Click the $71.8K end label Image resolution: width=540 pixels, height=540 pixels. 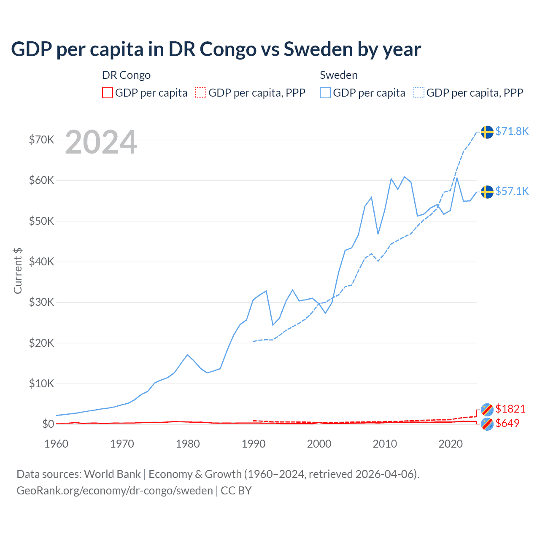pyautogui.click(x=512, y=132)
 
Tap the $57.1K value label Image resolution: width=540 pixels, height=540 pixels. pyautogui.click(x=512, y=192)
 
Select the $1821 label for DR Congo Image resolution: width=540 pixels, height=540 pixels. pyautogui.click(x=510, y=409)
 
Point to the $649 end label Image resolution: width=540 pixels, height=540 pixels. pyautogui.click(x=507, y=423)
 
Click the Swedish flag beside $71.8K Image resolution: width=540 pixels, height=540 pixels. pyautogui.click(x=487, y=132)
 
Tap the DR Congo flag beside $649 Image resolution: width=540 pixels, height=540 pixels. pyautogui.click(x=487, y=424)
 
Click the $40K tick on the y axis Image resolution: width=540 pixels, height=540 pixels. pyautogui.click(x=41, y=262)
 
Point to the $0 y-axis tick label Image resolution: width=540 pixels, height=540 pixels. pyautogui.click(x=48, y=424)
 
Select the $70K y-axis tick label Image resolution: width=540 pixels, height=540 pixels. pyautogui.click(x=41, y=140)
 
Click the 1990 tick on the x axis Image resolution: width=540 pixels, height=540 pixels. pyautogui.click(x=254, y=444)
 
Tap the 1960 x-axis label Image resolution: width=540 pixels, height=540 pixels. pyautogui.click(x=56, y=444)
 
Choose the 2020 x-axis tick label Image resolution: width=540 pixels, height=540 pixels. pyautogui.click(x=451, y=444)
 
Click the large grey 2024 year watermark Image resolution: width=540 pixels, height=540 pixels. pyautogui.click(x=101, y=142)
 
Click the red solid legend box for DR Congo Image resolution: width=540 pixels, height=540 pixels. pyautogui.click(x=108, y=93)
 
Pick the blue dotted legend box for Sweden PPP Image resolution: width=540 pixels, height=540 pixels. pyautogui.click(x=419, y=93)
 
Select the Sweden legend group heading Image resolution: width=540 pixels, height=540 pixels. pyautogui.click(x=338, y=75)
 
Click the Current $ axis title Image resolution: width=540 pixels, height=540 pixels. pyautogui.click(x=18, y=270)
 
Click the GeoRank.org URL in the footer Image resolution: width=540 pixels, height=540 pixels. pyautogui.click(x=115, y=491)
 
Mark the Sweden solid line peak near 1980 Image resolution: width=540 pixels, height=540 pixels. pyautogui.click(x=187, y=355)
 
